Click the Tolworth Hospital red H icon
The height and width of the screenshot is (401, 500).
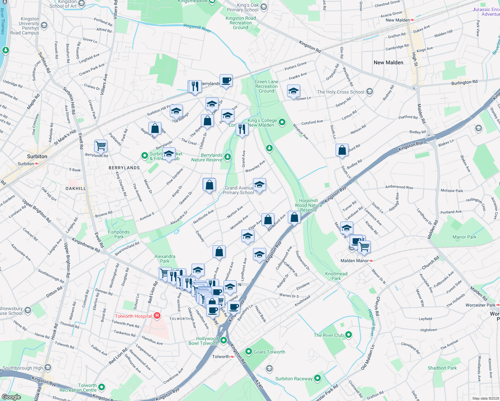point(157,316)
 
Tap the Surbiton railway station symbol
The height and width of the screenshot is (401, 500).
point(36,164)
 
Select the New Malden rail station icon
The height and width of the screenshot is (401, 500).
point(412,20)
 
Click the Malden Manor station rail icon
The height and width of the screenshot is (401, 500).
point(371,261)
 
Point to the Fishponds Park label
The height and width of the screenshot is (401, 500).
point(119,234)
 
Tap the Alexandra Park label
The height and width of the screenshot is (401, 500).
point(165,259)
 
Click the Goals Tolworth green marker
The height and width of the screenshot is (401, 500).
point(248,352)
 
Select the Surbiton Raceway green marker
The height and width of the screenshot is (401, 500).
point(317,378)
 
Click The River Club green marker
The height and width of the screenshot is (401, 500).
point(349,335)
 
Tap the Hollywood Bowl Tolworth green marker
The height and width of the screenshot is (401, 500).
point(224,341)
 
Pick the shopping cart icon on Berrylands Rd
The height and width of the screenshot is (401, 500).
point(101,146)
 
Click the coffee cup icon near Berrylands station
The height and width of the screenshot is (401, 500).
point(226,81)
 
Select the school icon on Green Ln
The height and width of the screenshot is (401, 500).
point(293,91)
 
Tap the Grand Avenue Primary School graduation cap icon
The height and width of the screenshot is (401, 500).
point(259,184)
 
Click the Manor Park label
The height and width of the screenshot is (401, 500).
point(464,237)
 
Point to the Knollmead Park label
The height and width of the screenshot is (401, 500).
point(336,276)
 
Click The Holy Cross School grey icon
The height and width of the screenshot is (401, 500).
point(369,92)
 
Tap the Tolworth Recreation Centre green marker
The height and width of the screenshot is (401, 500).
point(102,387)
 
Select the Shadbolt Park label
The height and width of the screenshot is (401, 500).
point(442,368)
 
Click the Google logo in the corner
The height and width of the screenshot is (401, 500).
point(11,397)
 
